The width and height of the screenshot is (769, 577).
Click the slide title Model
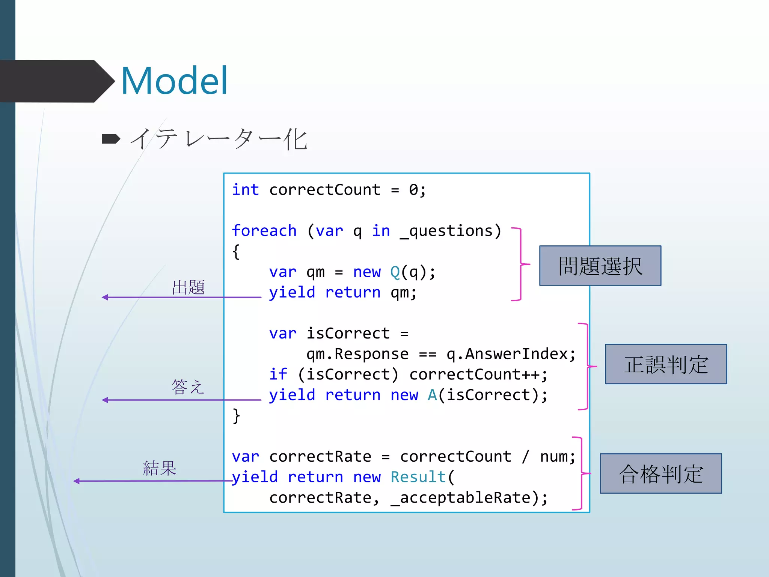174,80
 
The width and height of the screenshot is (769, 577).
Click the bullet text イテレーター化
219,139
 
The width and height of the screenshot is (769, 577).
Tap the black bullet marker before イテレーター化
111,139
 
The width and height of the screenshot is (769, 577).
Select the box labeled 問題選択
600,266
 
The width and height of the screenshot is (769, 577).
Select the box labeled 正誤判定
666,364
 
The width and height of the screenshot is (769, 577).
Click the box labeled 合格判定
660,473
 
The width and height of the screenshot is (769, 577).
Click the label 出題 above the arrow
188,287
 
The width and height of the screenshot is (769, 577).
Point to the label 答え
187,387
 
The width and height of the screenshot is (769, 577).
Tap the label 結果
160,468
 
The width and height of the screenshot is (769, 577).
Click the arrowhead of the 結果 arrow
77,481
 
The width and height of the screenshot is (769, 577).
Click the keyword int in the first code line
245,190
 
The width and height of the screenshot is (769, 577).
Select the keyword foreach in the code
264,231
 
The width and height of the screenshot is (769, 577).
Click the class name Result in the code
418,477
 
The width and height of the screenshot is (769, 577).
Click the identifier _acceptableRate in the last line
465,498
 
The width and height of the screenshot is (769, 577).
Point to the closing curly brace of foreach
236,416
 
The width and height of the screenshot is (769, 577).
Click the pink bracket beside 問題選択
521,264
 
